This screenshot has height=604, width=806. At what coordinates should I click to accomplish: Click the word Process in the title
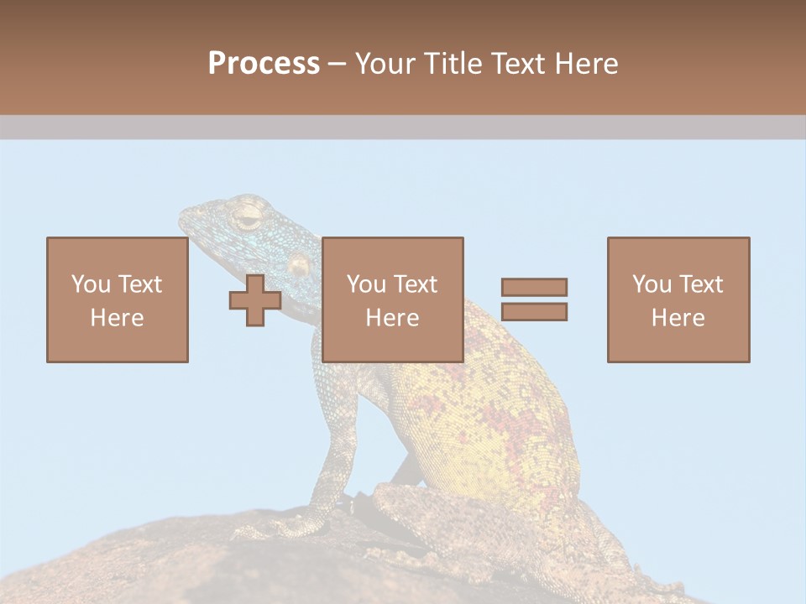click(x=264, y=63)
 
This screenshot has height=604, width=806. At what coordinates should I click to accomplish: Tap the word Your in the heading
click(x=385, y=64)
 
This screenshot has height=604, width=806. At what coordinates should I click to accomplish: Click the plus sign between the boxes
click(x=255, y=300)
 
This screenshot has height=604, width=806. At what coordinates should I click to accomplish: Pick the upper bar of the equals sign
click(x=534, y=288)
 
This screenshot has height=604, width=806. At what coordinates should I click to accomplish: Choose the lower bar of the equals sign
click(x=534, y=311)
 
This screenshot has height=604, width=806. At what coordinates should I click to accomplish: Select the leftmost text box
click(x=117, y=299)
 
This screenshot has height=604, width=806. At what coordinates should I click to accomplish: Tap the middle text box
click(x=392, y=299)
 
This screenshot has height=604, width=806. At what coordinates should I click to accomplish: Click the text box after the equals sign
click(x=678, y=299)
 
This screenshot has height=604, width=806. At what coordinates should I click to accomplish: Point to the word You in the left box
click(x=90, y=284)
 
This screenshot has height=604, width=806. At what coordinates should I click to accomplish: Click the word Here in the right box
click(x=678, y=318)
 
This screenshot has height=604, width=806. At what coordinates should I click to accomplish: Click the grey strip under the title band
click(x=403, y=127)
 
